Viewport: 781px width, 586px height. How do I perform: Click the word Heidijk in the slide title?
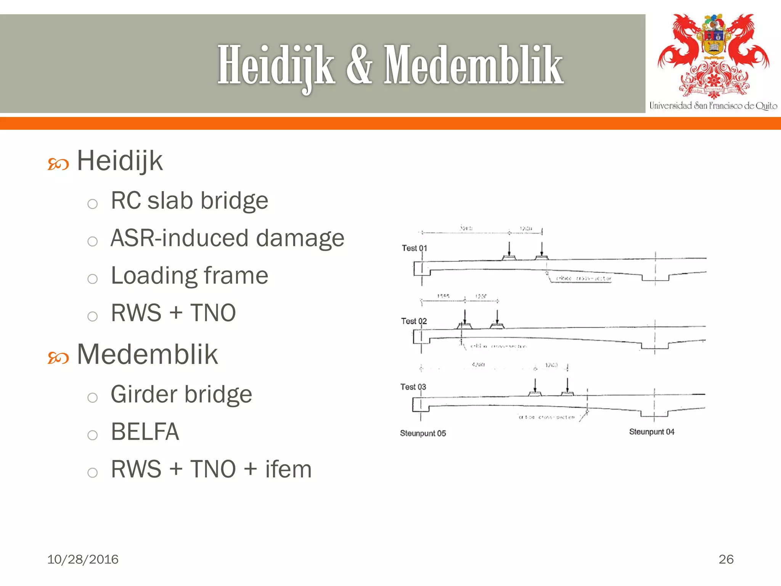point(276,66)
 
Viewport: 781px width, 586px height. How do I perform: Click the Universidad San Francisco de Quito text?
point(713,106)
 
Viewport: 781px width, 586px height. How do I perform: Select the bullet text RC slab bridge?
point(190,201)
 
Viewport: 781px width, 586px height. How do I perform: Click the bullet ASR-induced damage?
point(227,238)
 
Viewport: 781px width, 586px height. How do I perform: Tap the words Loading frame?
point(190,275)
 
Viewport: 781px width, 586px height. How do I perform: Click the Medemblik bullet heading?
point(147,354)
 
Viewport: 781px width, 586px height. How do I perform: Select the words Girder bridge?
point(182,394)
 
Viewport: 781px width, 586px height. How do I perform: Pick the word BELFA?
point(145,431)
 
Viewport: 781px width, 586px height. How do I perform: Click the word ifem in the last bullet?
point(288,469)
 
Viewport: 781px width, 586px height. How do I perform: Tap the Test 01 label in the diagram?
point(414,248)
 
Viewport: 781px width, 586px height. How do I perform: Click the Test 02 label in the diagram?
point(413,321)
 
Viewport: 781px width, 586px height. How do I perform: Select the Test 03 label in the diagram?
point(413,387)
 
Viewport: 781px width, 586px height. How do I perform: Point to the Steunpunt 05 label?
point(423,433)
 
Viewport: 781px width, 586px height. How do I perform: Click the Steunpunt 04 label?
point(651,432)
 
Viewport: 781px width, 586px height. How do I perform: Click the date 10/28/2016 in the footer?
point(83,559)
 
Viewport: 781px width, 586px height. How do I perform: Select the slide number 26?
point(726,559)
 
